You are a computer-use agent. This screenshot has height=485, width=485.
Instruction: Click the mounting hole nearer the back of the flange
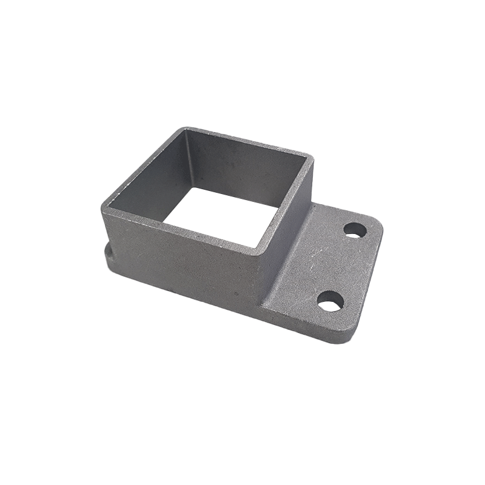click(x=355, y=230)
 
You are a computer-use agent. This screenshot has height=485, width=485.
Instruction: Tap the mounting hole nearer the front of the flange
click(x=330, y=301)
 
